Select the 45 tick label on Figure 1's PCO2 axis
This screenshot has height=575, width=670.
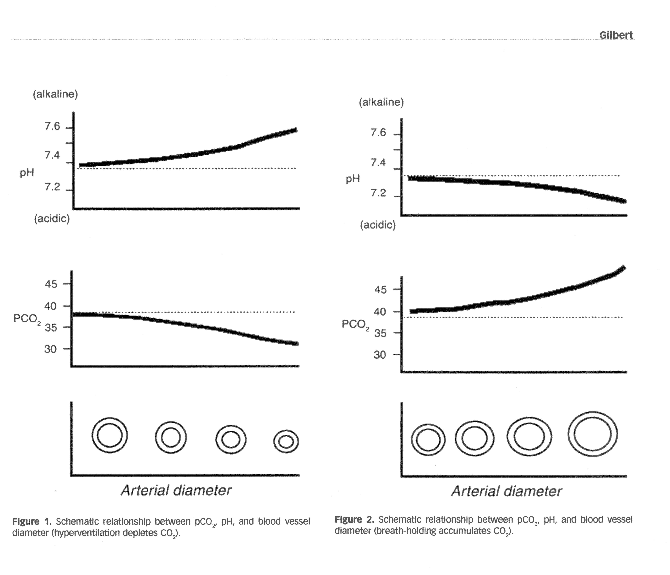point(51,284)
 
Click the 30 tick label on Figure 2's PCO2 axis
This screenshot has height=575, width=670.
point(380,355)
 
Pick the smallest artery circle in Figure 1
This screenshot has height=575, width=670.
point(286,441)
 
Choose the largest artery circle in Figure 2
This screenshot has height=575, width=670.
point(593,434)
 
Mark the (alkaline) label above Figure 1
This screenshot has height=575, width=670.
point(55,94)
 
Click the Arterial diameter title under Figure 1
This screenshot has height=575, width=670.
point(176,490)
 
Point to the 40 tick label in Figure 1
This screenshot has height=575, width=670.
point(51,306)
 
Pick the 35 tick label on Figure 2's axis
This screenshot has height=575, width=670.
point(380,333)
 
